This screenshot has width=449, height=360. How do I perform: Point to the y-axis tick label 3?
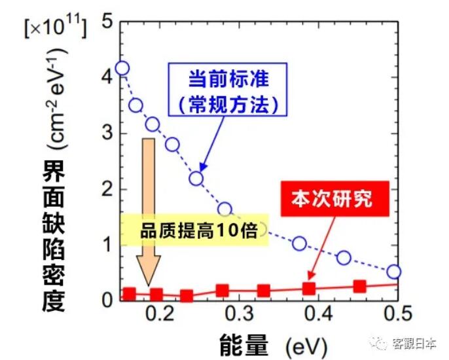click(x=107, y=134)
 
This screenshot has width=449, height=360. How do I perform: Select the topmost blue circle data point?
click(x=122, y=68)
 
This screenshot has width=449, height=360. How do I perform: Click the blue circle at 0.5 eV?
click(x=393, y=272)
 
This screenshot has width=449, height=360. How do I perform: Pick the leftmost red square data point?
click(x=130, y=293)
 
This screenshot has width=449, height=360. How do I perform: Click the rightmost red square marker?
click(x=359, y=286)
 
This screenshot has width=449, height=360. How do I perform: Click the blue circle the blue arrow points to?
click(x=196, y=179)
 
